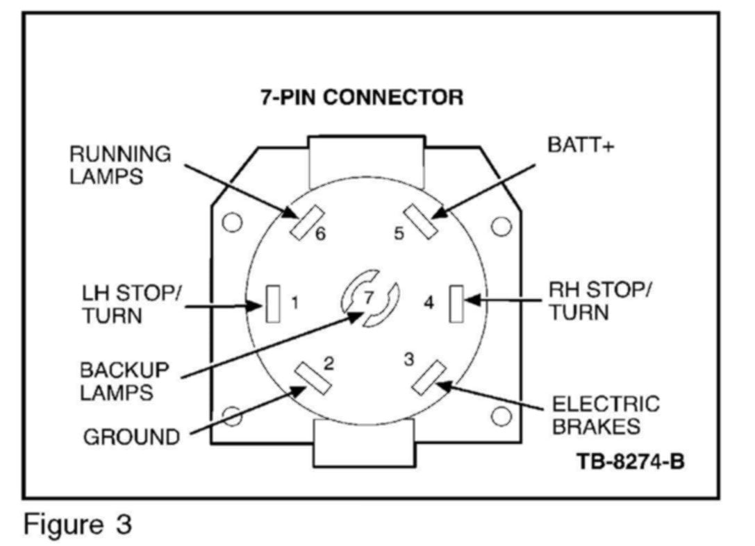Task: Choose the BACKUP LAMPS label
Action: tap(124, 380)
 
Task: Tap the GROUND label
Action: tap(131, 438)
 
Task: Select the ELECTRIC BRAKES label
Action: tap(606, 415)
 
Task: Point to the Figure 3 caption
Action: tap(76, 524)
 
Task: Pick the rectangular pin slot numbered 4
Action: tap(456, 303)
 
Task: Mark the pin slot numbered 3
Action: tap(429, 378)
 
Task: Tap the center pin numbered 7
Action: tap(369, 298)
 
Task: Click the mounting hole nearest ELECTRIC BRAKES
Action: tap(501, 416)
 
